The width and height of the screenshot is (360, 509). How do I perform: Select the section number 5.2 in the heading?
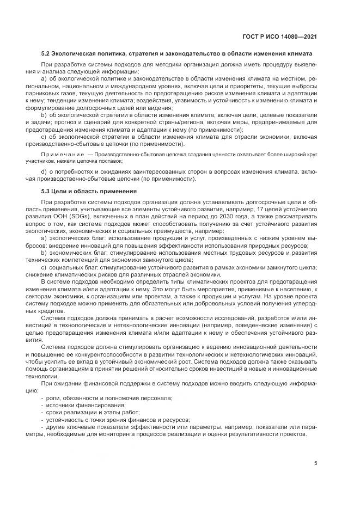pyautogui.click(x=46, y=54)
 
